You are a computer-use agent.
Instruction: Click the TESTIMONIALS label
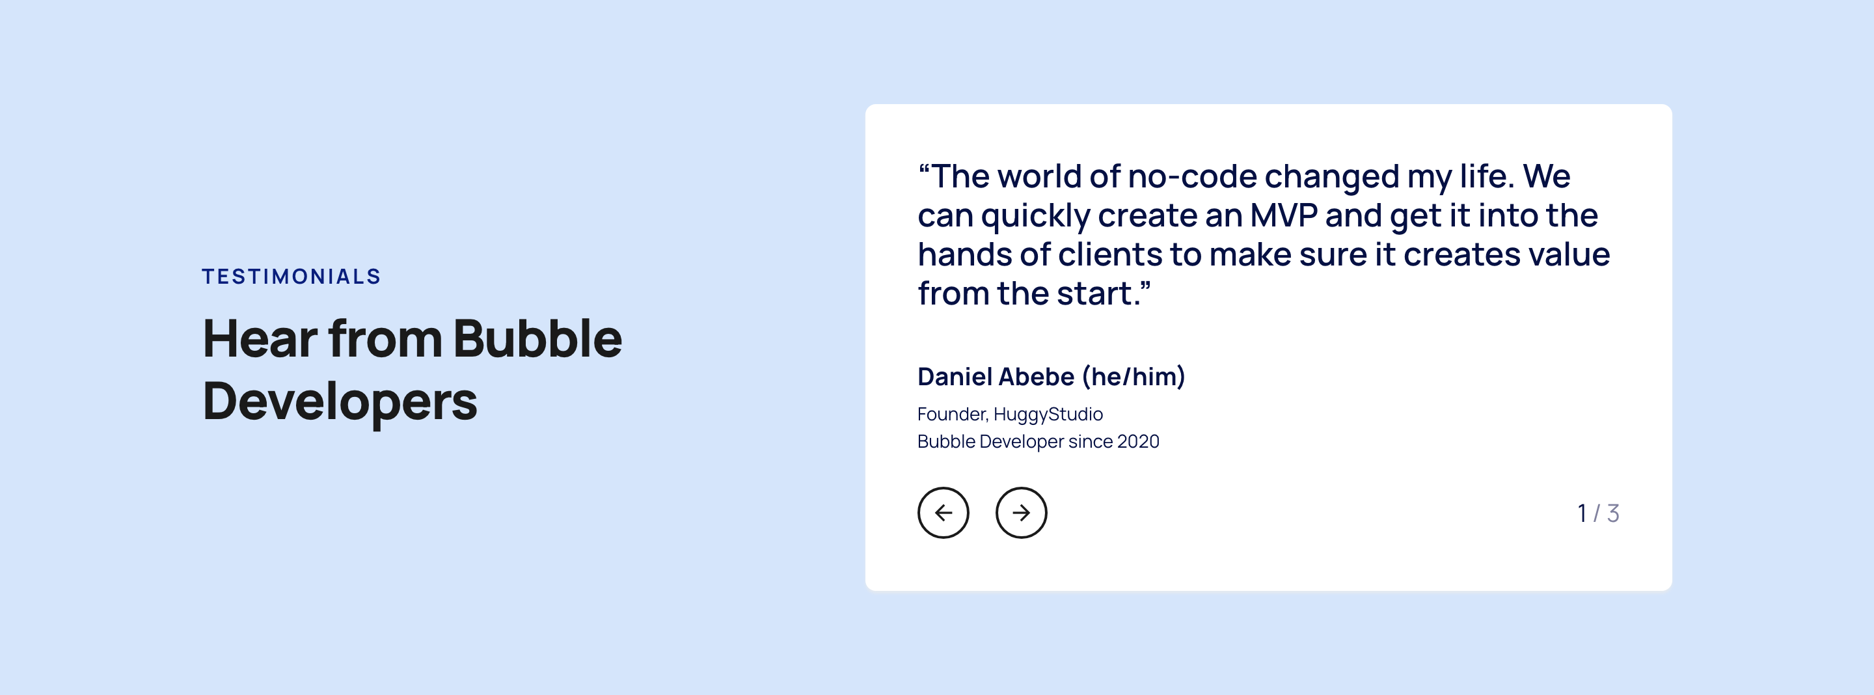291,277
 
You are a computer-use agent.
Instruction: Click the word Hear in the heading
260,339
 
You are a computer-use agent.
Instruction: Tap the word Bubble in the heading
537,339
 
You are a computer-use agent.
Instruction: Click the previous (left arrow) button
943,513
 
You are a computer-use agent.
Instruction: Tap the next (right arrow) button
1022,513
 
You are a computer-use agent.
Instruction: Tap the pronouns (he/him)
1134,377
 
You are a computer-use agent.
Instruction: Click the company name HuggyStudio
1048,415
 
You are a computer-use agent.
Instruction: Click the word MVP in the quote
1284,215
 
